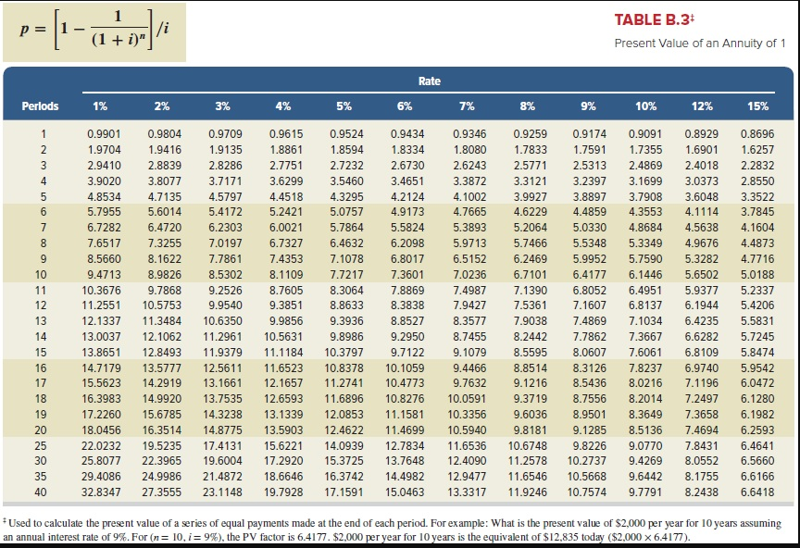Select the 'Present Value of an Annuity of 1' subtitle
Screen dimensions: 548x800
point(699,44)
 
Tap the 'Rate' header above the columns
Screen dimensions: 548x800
point(429,81)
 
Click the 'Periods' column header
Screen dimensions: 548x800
point(41,106)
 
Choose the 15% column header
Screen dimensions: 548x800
point(757,106)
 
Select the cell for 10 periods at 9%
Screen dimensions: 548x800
point(589,275)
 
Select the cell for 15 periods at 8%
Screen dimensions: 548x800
point(529,353)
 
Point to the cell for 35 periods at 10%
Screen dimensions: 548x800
point(645,478)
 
